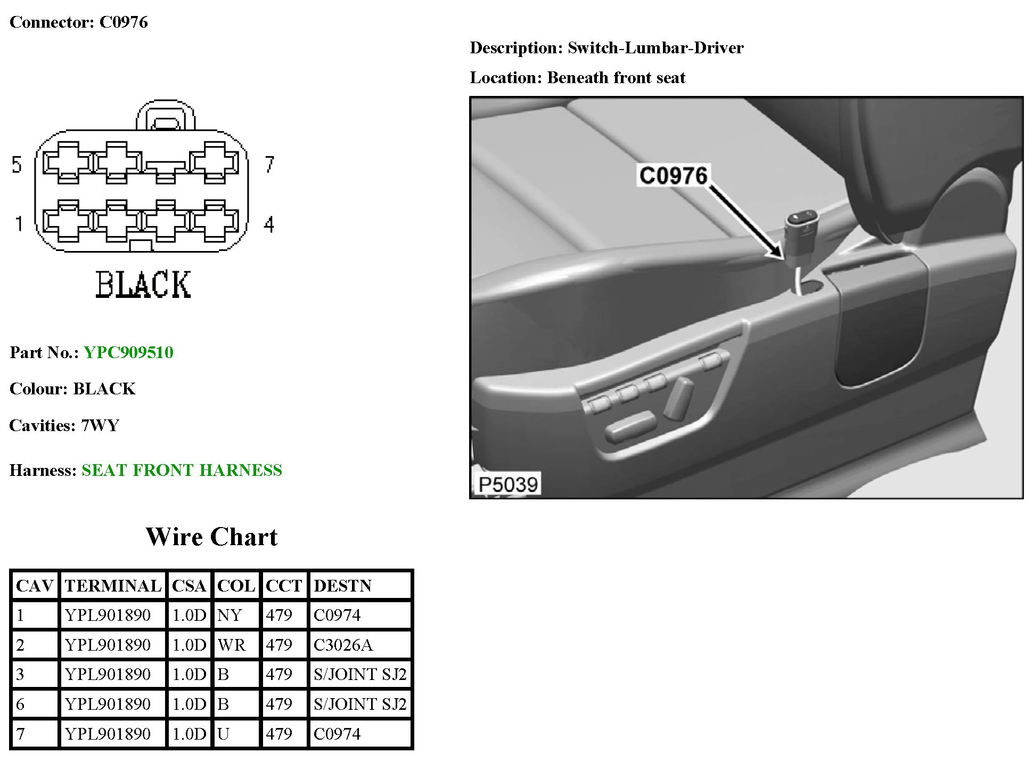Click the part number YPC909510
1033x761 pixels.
tap(128, 352)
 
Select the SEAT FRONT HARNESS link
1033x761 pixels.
tap(182, 470)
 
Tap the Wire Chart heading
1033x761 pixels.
tap(211, 537)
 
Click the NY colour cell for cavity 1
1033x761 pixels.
tap(229, 615)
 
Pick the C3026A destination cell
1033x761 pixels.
tap(343, 645)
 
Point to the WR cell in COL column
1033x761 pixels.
tap(232, 645)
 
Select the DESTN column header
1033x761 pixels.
tap(342, 586)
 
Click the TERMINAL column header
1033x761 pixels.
tap(113, 586)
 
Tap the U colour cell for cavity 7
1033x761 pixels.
tap(223, 734)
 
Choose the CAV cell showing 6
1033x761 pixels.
tap(20, 704)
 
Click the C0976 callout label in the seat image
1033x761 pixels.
tap(673, 175)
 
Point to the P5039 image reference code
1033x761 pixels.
tap(508, 484)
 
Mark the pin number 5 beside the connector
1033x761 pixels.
tap(17, 164)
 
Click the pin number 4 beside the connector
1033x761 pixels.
tap(269, 224)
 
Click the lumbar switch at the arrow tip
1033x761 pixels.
tap(802, 226)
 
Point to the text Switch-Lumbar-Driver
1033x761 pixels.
tap(655, 48)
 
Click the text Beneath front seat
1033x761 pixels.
tap(616, 78)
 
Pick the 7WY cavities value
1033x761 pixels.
tap(100, 425)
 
